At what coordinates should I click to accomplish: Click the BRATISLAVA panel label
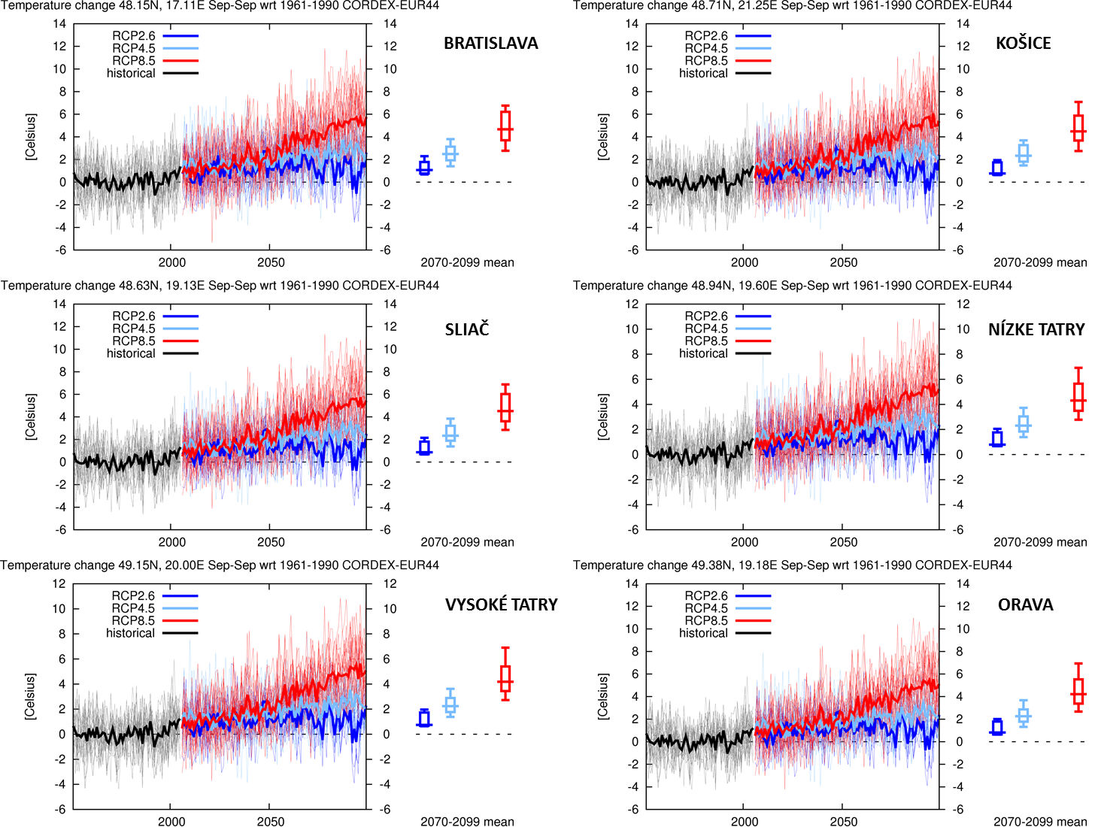point(490,44)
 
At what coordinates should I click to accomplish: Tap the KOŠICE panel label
point(1023,44)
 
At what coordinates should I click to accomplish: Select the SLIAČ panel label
point(467,329)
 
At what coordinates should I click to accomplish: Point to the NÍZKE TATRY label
point(1036,329)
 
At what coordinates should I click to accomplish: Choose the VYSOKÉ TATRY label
point(501,604)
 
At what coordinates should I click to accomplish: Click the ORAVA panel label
point(1025,604)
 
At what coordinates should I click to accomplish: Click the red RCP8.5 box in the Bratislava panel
point(505,126)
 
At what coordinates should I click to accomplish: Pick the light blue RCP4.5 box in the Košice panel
point(1024,153)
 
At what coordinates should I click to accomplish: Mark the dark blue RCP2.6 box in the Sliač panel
point(424,447)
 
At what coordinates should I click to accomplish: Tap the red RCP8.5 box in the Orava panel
point(1078,690)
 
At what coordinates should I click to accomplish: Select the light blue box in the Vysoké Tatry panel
point(450,705)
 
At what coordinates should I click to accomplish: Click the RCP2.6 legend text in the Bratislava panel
point(134,36)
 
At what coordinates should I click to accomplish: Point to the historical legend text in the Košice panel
point(703,74)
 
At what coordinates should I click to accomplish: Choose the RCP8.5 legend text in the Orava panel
point(706,621)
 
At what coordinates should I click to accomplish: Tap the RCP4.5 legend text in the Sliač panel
point(134,329)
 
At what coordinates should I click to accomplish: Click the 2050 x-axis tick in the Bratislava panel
point(271,262)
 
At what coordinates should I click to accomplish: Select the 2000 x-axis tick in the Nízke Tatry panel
point(745,542)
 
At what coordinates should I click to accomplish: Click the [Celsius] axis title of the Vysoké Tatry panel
point(30,697)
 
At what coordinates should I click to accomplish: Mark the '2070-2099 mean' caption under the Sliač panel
point(467,542)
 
